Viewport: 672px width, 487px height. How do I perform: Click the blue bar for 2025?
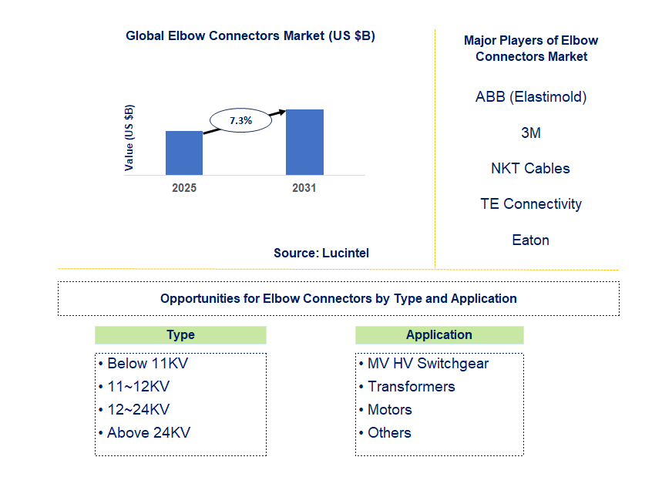click(184, 153)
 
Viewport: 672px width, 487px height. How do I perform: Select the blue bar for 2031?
click(304, 142)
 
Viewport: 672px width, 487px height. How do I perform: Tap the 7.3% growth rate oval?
click(240, 120)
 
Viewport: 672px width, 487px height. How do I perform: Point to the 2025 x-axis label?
click(184, 188)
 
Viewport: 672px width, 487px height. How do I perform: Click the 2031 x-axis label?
click(304, 188)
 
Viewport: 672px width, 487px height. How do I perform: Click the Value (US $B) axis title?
click(129, 137)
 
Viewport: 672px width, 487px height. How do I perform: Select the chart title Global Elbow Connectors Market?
click(250, 35)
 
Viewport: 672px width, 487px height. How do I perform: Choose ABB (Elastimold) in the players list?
click(531, 97)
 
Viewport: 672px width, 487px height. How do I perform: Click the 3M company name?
click(531, 133)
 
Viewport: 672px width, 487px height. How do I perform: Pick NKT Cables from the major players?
click(531, 168)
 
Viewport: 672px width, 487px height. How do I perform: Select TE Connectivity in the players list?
click(531, 203)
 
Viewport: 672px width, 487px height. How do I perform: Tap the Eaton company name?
click(531, 240)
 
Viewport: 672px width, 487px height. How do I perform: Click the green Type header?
click(180, 335)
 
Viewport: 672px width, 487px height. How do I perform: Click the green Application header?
click(439, 335)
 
